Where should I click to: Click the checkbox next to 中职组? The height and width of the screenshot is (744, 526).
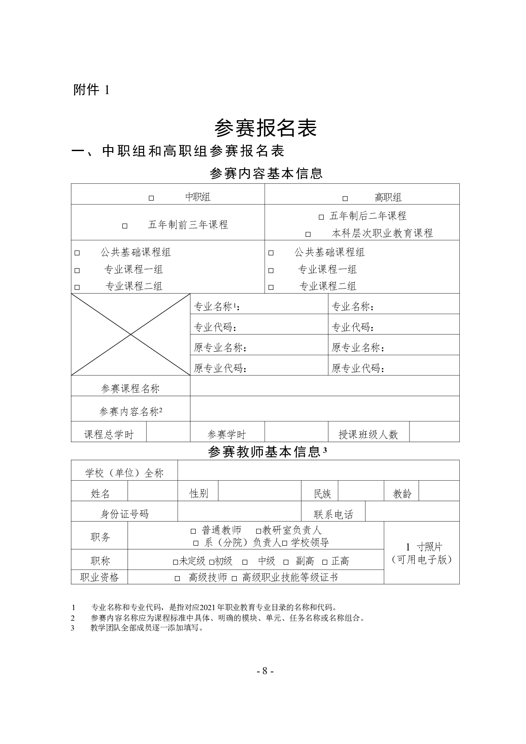pos(151,198)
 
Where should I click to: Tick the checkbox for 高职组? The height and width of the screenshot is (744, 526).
pos(345,198)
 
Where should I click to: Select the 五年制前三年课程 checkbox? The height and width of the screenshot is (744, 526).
pos(125,226)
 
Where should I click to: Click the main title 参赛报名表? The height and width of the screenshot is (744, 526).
pos(265,129)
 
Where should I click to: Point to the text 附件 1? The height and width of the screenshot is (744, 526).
pos(91,90)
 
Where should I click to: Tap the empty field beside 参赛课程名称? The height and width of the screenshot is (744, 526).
pos(325,386)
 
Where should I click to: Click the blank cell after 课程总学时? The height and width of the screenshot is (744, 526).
pos(168,432)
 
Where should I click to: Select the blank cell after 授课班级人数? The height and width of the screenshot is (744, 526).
pos(434,432)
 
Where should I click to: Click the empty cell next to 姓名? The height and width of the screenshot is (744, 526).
pos(152,491)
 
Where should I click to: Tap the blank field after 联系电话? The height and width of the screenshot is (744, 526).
pos(412,512)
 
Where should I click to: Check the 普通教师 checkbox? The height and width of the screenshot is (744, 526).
pos(193,531)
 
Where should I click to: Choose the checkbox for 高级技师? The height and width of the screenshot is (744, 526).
pos(178,578)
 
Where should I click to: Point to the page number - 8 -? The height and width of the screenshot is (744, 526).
pos(265,671)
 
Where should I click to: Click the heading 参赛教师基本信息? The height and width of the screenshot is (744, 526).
pos(264,452)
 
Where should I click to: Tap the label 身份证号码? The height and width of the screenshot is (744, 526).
pos(125,514)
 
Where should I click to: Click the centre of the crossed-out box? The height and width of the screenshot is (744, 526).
pos(131,334)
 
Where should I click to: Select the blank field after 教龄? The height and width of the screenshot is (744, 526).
pos(439,491)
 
